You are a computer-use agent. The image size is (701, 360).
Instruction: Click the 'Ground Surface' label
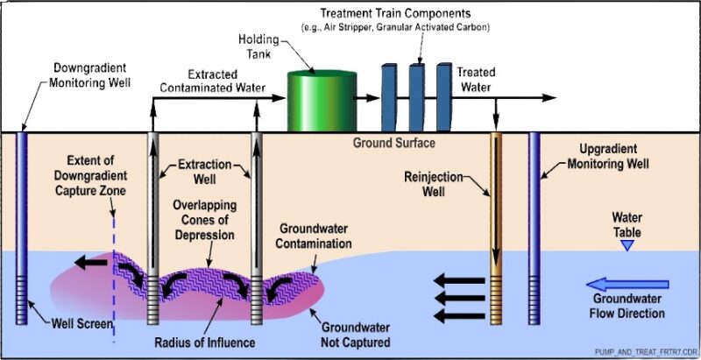[x=393, y=142]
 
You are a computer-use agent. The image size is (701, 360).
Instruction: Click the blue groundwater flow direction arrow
[x=627, y=284]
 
